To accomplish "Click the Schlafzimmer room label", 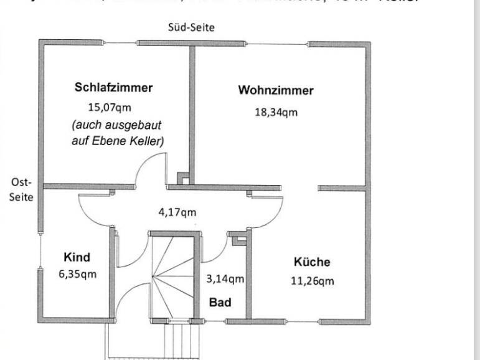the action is click(x=113, y=87).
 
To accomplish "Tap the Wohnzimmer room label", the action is click(x=276, y=90).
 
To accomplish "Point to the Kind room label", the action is click(x=77, y=257).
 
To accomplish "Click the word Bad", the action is click(x=220, y=303).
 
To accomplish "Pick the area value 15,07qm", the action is click(x=110, y=107).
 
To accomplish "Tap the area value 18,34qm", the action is click(x=276, y=112).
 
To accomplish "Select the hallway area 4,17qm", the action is click(x=177, y=212).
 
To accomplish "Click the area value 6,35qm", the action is click(x=77, y=274).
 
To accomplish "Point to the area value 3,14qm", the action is click(x=225, y=279).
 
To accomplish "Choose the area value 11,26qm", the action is click(x=312, y=281).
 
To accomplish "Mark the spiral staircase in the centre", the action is click(x=174, y=277).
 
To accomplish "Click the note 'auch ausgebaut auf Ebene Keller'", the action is click(x=118, y=133).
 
